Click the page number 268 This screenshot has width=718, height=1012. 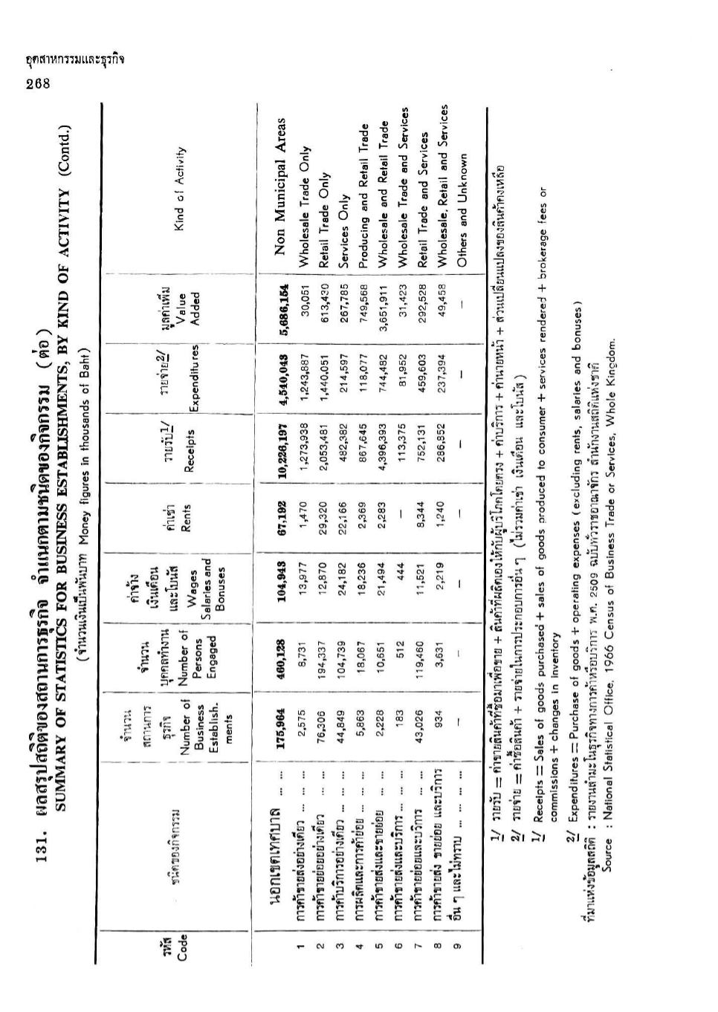click(x=36, y=83)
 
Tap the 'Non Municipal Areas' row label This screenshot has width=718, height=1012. click(x=280, y=189)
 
